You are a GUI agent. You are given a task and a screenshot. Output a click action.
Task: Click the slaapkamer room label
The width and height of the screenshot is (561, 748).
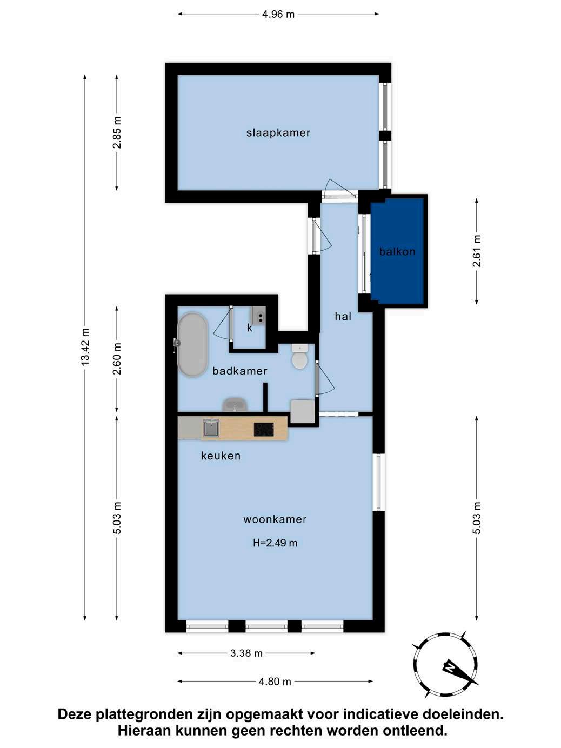click(x=278, y=133)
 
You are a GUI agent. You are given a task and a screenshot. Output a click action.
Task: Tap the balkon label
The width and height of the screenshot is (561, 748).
click(x=397, y=251)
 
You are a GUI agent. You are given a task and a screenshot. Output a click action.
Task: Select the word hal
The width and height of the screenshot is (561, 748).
click(x=343, y=316)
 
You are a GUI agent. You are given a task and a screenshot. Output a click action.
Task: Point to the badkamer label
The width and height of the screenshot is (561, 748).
click(x=240, y=371)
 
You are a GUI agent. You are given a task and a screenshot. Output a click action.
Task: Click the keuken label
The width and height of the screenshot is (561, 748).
click(x=221, y=456)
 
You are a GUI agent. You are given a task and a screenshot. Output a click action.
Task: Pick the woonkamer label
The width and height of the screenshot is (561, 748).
click(x=275, y=519)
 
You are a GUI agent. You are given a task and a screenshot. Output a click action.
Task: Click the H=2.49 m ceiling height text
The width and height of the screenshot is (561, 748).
click(x=275, y=543)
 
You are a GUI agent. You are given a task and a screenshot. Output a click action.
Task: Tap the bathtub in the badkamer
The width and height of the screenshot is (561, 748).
click(x=192, y=345)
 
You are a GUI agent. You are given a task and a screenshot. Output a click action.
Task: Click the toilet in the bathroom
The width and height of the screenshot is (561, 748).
click(x=300, y=356)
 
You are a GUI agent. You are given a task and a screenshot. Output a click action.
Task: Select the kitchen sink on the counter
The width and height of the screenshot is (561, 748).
click(x=211, y=429)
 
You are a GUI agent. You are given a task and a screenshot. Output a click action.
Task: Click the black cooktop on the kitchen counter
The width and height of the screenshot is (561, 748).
click(x=264, y=429)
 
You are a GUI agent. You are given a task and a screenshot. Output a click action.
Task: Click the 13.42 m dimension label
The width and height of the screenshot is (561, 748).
click(x=85, y=347)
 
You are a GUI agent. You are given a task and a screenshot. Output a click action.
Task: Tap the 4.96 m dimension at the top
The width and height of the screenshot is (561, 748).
click(x=278, y=14)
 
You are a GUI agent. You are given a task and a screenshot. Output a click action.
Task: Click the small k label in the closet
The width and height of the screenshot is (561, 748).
click(x=250, y=328)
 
